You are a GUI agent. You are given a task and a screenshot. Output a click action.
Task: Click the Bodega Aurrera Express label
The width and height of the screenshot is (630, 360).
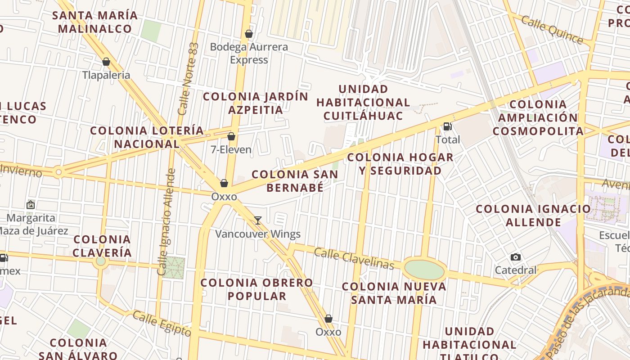[x=249, y=53]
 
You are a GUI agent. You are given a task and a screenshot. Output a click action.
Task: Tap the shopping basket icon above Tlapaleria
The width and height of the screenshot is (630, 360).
[x=106, y=62]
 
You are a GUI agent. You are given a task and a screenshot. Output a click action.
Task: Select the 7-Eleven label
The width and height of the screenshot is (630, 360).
[x=231, y=149]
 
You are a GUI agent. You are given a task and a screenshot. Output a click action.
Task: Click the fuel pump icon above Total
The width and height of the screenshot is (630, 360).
[x=447, y=126]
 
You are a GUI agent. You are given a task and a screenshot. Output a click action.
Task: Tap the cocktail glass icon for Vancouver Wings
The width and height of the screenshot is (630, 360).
[x=258, y=220]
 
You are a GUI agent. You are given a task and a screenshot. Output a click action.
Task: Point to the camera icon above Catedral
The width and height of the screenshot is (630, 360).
[x=516, y=257]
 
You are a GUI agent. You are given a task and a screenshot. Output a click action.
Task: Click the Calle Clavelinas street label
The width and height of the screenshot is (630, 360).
[x=354, y=259]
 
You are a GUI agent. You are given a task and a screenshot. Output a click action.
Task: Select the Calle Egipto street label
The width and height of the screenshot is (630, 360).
[x=162, y=323]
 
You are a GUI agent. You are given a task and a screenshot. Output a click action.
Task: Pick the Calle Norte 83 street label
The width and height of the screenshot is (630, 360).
[x=188, y=79]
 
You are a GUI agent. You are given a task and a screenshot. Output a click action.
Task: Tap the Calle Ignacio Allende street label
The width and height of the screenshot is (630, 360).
[x=166, y=221]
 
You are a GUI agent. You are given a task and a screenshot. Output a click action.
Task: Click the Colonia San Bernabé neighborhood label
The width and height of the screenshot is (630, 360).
[x=295, y=181]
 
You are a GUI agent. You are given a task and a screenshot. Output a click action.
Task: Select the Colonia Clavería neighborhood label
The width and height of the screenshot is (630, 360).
[x=102, y=246]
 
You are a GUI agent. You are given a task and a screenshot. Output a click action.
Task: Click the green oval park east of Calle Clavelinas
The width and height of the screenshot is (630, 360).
[x=424, y=270]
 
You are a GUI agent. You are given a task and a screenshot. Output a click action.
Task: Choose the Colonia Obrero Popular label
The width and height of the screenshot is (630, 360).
[x=256, y=289]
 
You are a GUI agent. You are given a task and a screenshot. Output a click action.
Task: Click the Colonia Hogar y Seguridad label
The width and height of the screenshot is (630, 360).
[x=400, y=164]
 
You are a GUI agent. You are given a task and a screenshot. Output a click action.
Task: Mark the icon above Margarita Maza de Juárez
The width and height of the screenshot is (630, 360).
[x=31, y=205]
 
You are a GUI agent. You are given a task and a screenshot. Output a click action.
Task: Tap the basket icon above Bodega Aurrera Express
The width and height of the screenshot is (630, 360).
[x=248, y=34]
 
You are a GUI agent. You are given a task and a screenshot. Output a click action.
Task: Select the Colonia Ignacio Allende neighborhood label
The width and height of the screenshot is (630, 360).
[x=533, y=216]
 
